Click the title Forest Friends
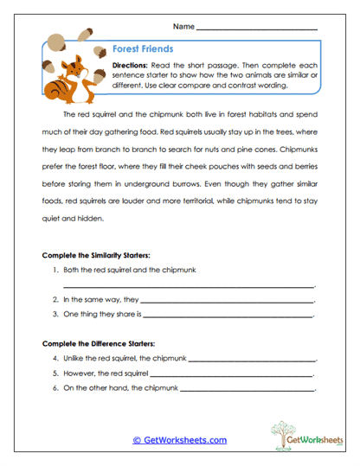pos(143,49)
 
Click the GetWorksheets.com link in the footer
pos(179,440)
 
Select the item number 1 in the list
pos(55,270)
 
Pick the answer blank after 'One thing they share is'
pos(228,316)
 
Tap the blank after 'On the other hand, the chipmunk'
pos(247,391)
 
